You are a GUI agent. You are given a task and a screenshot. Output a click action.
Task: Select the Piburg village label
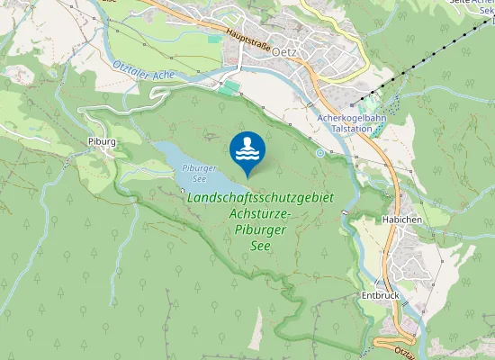tap(103, 142)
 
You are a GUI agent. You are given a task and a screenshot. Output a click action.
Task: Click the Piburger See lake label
tap(197, 172)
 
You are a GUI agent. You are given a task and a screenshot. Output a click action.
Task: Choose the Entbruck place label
tap(379, 294)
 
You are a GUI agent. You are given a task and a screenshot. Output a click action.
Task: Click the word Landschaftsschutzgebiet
tap(260, 197)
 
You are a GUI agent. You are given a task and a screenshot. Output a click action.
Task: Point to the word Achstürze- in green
tap(261, 214)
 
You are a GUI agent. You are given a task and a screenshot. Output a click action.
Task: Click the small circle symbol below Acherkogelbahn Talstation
tap(319, 153)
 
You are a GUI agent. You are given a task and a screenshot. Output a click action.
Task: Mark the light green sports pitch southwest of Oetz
tap(231, 86)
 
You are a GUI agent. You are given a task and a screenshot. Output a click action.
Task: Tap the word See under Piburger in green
tap(260, 246)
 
